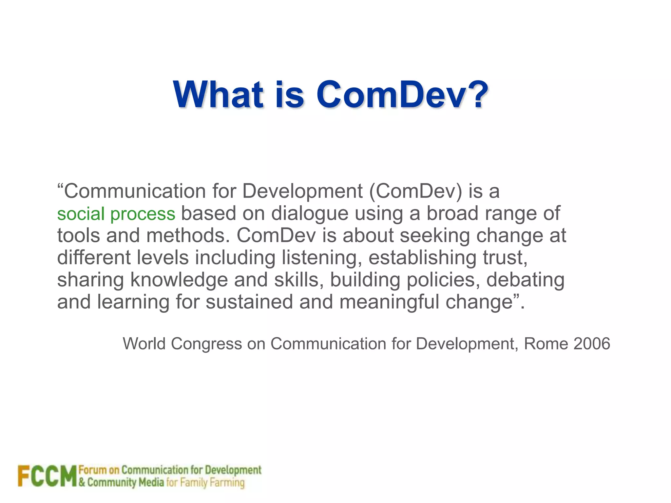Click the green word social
click(81, 214)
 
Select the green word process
click(143, 214)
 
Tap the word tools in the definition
click(78, 235)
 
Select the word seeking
click(435, 236)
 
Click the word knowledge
click(179, 280)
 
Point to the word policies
click(443, 280)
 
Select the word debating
click(525, 280)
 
